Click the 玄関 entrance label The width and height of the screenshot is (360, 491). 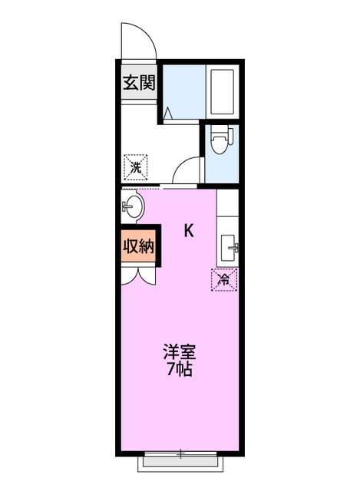tap(139, 82)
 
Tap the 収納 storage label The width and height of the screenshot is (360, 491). tap(139, 246)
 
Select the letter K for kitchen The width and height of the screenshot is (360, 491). tap(188, 230)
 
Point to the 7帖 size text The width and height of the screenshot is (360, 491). tap(180, 369)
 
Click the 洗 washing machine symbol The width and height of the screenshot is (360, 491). tap(136, 166)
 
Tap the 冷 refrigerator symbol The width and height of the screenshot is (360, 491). tap(224, 280)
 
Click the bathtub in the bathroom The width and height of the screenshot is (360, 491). tap(222, 93)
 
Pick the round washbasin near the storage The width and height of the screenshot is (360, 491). tap(132, 206)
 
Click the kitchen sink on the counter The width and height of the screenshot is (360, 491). tap(229, 248)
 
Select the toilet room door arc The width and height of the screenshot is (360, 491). tap(187, 170)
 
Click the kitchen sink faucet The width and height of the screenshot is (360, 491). tap(236, 248)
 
